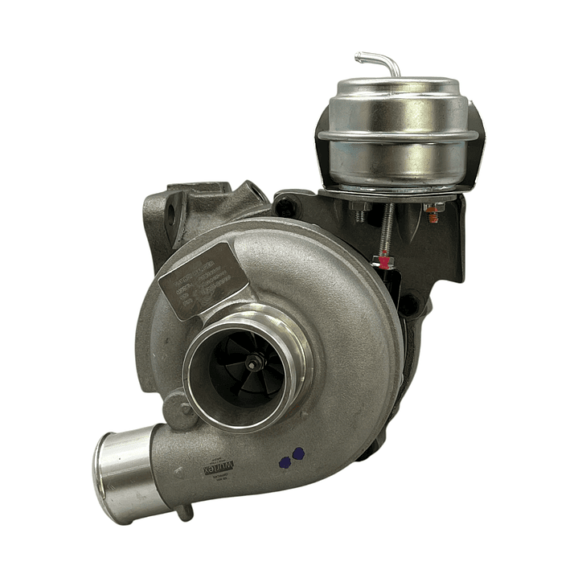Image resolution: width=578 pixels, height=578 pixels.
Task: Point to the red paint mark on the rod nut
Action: pos(383,261)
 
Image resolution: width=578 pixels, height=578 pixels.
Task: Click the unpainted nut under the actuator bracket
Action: pos(359,212)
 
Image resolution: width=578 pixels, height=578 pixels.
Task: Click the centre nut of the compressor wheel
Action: pos(254,363)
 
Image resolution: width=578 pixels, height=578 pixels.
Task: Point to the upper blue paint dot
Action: pos(298,453)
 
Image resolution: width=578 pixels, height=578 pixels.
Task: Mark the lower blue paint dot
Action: pos(284,462)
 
